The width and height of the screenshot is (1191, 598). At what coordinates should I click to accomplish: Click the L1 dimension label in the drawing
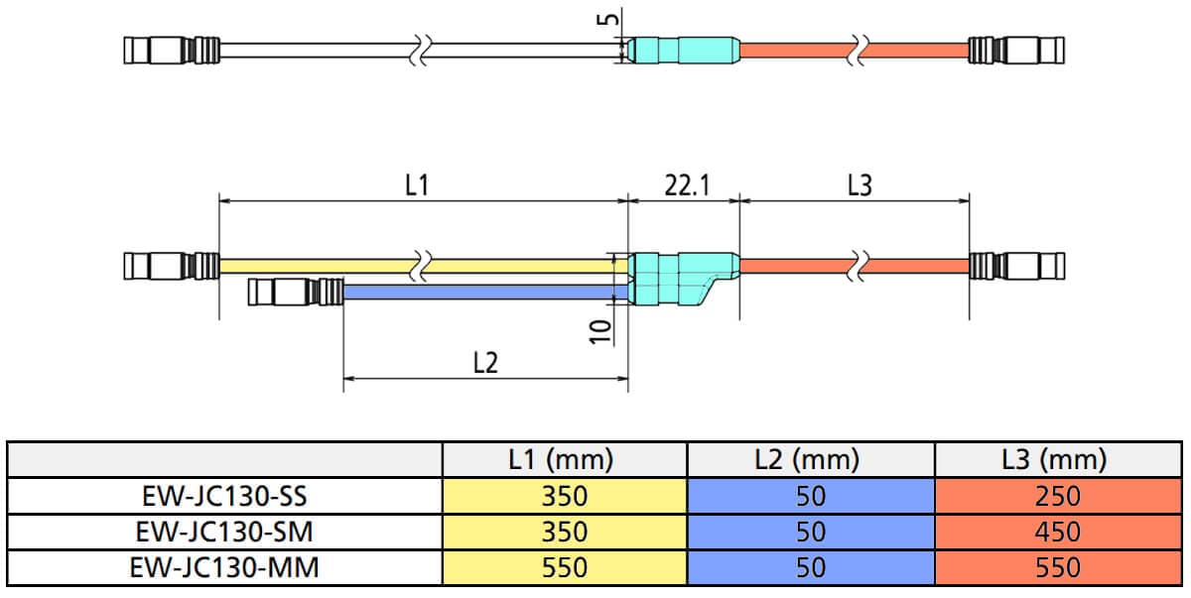[418, 185]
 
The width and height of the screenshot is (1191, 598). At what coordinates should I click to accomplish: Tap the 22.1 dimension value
[687, 185]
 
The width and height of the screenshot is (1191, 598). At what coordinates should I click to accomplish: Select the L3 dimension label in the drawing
[860, 185]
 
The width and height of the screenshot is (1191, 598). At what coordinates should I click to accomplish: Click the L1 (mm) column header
[564, 459]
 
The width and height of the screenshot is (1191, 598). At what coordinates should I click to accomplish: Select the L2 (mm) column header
[810, 459]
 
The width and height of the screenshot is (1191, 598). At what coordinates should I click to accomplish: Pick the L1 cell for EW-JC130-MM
[564, 568]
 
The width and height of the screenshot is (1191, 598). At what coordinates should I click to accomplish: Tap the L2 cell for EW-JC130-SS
[810, 495]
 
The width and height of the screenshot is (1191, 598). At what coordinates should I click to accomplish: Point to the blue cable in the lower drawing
[476, 292]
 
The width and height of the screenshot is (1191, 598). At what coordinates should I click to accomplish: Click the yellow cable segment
[318, 266]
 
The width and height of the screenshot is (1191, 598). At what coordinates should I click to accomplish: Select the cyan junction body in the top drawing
[685, 48]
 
